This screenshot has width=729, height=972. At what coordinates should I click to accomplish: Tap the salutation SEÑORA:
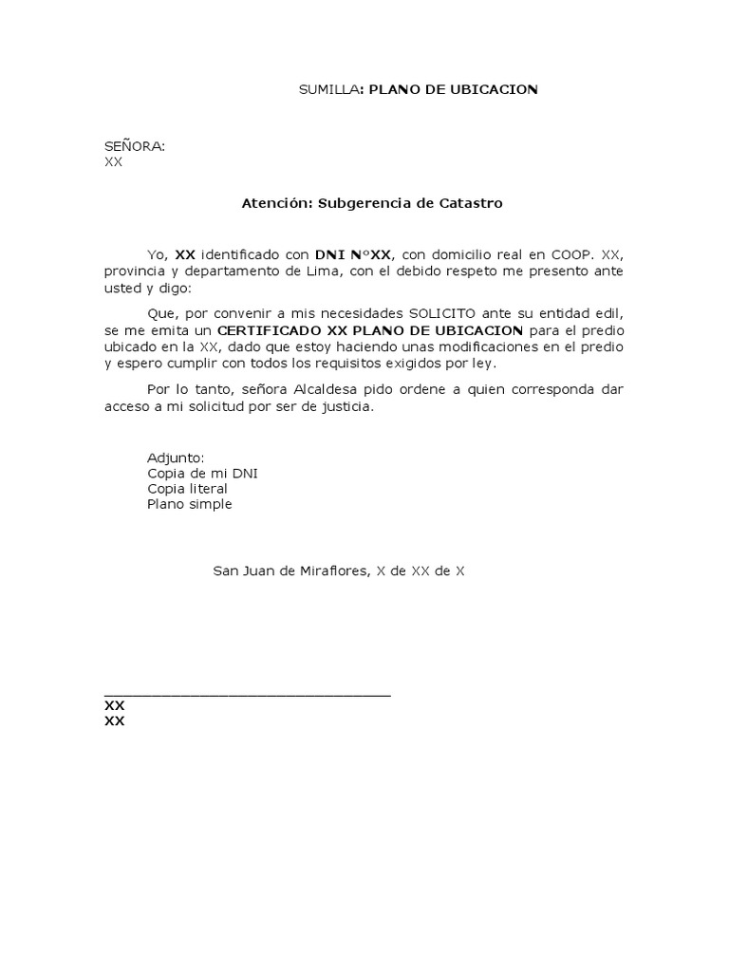tap(135, 146)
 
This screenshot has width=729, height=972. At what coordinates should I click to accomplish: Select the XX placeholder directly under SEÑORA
tap(113, 162)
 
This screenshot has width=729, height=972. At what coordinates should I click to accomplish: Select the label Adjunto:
tap(176, 458)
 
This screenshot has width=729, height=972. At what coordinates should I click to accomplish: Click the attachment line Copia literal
tap(187, 489)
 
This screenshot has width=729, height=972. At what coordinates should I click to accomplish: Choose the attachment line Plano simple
tap(189, 504)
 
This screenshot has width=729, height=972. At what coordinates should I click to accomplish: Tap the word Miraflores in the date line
tap(318, 571)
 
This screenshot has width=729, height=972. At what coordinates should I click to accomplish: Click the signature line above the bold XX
tap(247, 696)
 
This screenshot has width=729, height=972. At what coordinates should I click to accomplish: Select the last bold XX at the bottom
tap(114, 721)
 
